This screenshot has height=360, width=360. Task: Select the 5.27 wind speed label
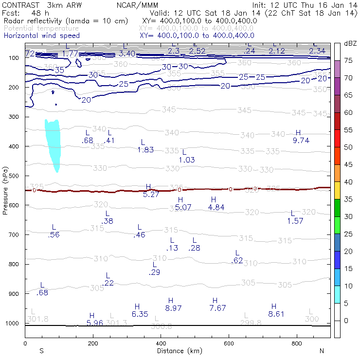tap(151, 194)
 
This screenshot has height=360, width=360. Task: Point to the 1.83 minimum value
tap(145, 150)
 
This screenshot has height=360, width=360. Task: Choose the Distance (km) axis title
tap(177, 350)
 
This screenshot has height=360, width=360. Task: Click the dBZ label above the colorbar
tap(350, 43)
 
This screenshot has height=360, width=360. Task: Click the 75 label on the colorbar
tap(349, 60)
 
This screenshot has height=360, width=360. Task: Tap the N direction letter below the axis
tap(322, 350)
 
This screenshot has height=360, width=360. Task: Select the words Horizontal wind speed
tap(41, 36)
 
